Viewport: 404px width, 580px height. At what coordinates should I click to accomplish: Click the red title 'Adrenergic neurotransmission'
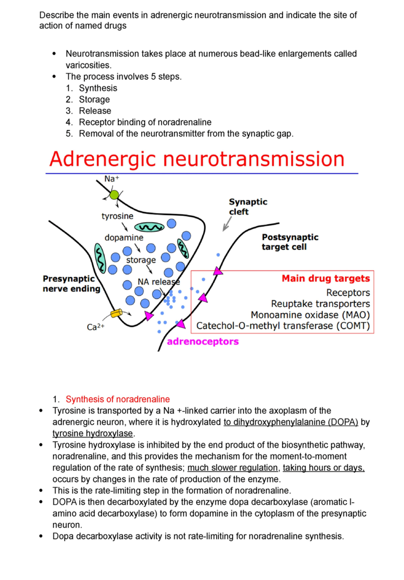tap(197, 159)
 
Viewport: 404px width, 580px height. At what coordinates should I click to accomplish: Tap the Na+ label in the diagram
tap(111, 179)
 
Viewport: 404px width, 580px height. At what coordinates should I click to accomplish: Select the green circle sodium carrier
tap(114, 195)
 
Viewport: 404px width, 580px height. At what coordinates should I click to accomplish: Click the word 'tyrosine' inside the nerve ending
tap(118, 216)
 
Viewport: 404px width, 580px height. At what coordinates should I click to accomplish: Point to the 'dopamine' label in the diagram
tap(124, 238)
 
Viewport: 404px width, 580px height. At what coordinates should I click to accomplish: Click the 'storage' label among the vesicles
tap(141, 260)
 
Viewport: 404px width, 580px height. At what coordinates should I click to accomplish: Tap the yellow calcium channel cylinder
tap(116, 313)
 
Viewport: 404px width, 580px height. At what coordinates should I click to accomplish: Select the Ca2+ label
tap(95, 327)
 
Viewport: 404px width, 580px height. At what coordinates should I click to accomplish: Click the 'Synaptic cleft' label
tap(248, 207)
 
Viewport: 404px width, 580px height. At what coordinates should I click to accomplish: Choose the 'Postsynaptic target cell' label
tap(290, 242)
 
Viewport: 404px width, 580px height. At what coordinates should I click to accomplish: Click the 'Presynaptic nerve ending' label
tap(71, 284)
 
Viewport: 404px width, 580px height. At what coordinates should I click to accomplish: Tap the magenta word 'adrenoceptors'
tap(203, 342)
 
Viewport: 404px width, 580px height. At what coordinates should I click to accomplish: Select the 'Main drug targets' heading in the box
tap(326, 278)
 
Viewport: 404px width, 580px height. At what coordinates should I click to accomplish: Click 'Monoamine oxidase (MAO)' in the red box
tap(310, 315)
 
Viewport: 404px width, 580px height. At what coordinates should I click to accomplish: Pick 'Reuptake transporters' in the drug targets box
tap(320, 304)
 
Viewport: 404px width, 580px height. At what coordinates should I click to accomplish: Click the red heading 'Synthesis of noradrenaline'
tap(118, 399)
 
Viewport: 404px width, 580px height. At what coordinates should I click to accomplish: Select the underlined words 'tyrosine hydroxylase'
tap(93, 433)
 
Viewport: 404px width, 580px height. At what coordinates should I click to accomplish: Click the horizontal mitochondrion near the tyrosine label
tap(149, 228)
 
